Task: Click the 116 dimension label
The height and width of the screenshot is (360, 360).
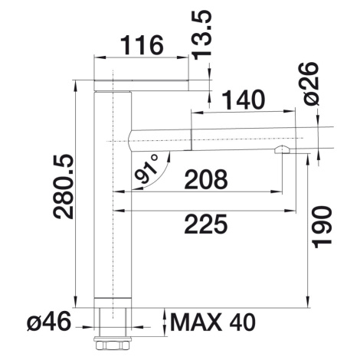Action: pos(142,45)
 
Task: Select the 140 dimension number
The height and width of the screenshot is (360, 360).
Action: pos(244,100)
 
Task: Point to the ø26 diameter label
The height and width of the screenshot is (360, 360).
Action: pos(311,83)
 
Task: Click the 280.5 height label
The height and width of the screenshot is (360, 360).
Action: pos(63,186)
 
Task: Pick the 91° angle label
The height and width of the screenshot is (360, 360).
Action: pos(147,169)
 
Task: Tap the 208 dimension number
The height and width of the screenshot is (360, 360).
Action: pos(206,179)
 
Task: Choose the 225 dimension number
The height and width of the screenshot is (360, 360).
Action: pos(206,224)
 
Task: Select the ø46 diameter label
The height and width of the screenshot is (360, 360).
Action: pos(49,322)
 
